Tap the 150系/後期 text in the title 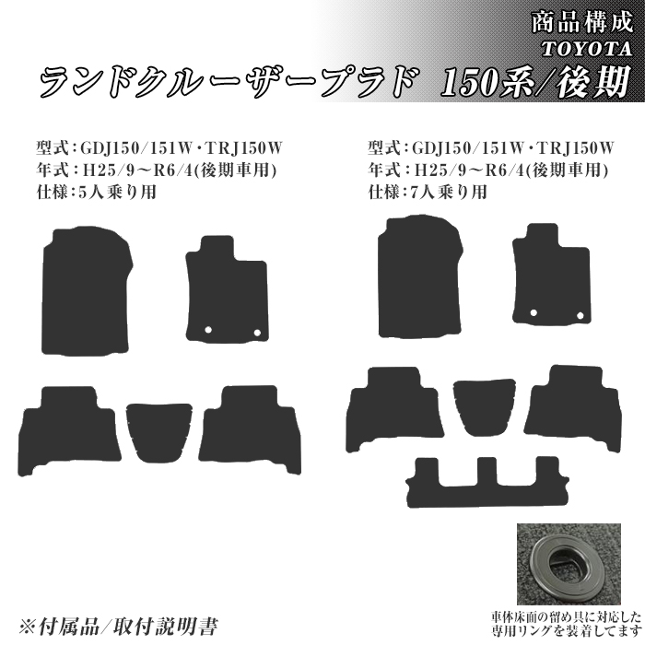point(537,84)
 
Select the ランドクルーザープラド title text point(226,84)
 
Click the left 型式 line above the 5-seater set point(157,147)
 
